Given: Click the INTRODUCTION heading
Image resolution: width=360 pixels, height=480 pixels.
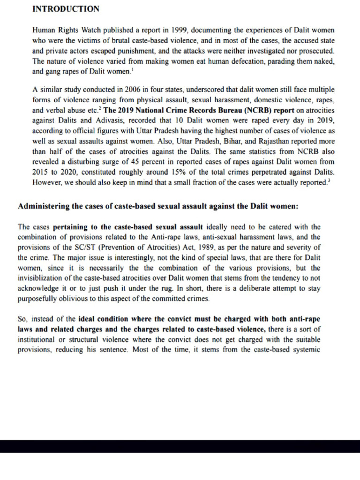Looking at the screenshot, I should pyautogui.click(x=65, y=9).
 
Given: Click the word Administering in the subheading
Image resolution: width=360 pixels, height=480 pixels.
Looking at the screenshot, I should pyautogui.click(x=42, y=206).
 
